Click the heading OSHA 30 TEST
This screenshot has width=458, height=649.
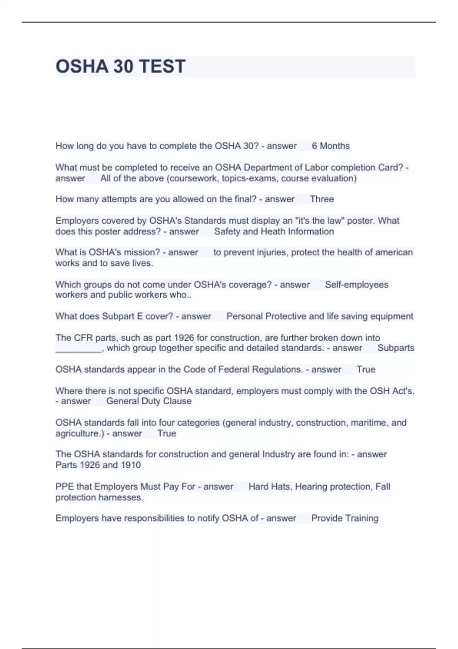[x=121, y=66]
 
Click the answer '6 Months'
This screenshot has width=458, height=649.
[x=331, y=146]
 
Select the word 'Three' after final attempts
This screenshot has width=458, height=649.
[x=322, y=199]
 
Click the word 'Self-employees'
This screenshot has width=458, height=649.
[x=356, y=284]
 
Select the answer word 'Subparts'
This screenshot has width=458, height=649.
[x=396, y=348]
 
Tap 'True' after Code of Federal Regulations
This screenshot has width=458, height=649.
[x=366, y=369]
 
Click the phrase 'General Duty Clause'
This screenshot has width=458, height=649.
[x=149, y=401]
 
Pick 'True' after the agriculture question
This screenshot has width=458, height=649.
[x=167, y=433]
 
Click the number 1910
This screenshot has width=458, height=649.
[x=131, y=465]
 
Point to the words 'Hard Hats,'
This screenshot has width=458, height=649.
[x=269, y=486]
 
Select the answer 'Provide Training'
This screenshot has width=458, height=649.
[x=345, y=518]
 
